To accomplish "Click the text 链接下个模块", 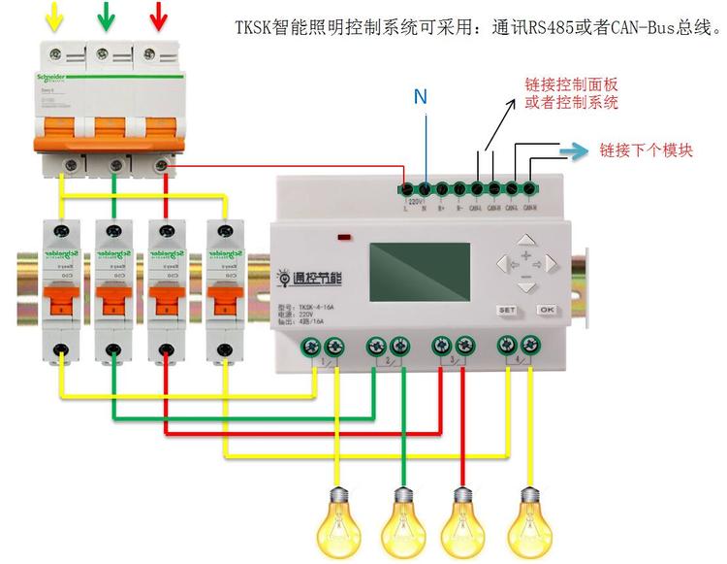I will pos(646,150).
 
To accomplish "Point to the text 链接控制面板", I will pos(571,84).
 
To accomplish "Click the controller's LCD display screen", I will pos(419,271).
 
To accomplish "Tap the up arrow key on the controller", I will pos(525,240).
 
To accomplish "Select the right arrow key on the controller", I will pos(551,262).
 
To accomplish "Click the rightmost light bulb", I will pos(528,520).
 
